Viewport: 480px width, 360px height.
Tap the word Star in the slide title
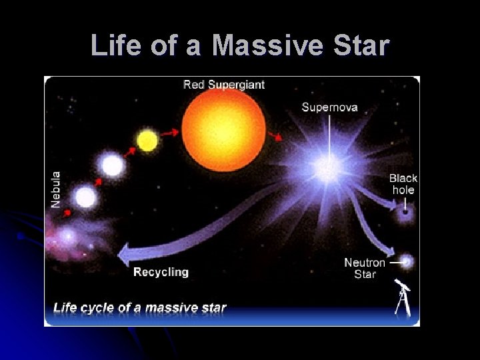[363, 46]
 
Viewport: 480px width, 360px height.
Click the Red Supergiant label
[224, 85]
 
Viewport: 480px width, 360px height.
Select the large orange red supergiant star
[224, 129]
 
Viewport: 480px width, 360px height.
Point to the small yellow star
[147, 141]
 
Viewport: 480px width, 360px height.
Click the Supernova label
[329, 107]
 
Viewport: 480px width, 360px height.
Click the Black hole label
[403, 184]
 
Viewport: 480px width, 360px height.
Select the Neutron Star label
[364, 268]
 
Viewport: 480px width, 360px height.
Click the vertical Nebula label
[56, 189]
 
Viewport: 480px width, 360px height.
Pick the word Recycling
[161, 272]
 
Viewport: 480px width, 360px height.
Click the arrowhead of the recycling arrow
[124, 253]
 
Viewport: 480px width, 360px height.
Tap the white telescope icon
[403, 298]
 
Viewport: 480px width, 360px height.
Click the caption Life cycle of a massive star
[139, 308]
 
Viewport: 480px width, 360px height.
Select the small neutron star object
[407, 262]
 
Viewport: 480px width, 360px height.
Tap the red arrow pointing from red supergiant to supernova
[275, 137]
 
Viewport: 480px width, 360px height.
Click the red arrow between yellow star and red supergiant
[169, 133]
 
